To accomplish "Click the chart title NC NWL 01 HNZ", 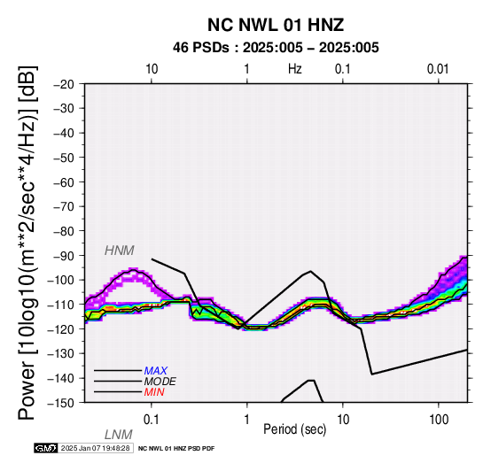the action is [x=276, y=25].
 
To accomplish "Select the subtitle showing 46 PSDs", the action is [x=276, y=48].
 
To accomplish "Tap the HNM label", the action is [x=120, y=251].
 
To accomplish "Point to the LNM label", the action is [x=119, y=435].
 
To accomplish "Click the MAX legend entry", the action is [x=156, y=371].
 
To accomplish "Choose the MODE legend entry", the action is [x=160, y=382].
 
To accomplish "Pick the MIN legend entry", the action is [x=154, y=392].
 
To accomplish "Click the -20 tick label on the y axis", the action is [x=64, y=84].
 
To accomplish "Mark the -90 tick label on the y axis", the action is [x=64, y=256].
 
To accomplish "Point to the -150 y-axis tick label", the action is [x=61, y=403].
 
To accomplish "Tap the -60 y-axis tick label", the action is [x=64, y=182].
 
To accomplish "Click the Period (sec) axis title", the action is [x=294, y=429].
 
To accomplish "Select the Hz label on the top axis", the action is [x=294, y=69].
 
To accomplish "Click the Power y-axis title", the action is [x=27, y=243].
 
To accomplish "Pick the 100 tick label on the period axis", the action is [x=439, y=420].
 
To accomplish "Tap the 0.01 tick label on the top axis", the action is [x=438, y=69].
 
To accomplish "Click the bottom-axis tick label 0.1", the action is [x=152, y=420].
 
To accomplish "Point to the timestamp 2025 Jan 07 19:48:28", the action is [x=95, y=448].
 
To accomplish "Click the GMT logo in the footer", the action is [x=46, y=448].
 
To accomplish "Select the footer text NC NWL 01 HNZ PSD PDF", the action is [x=176, y=449].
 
